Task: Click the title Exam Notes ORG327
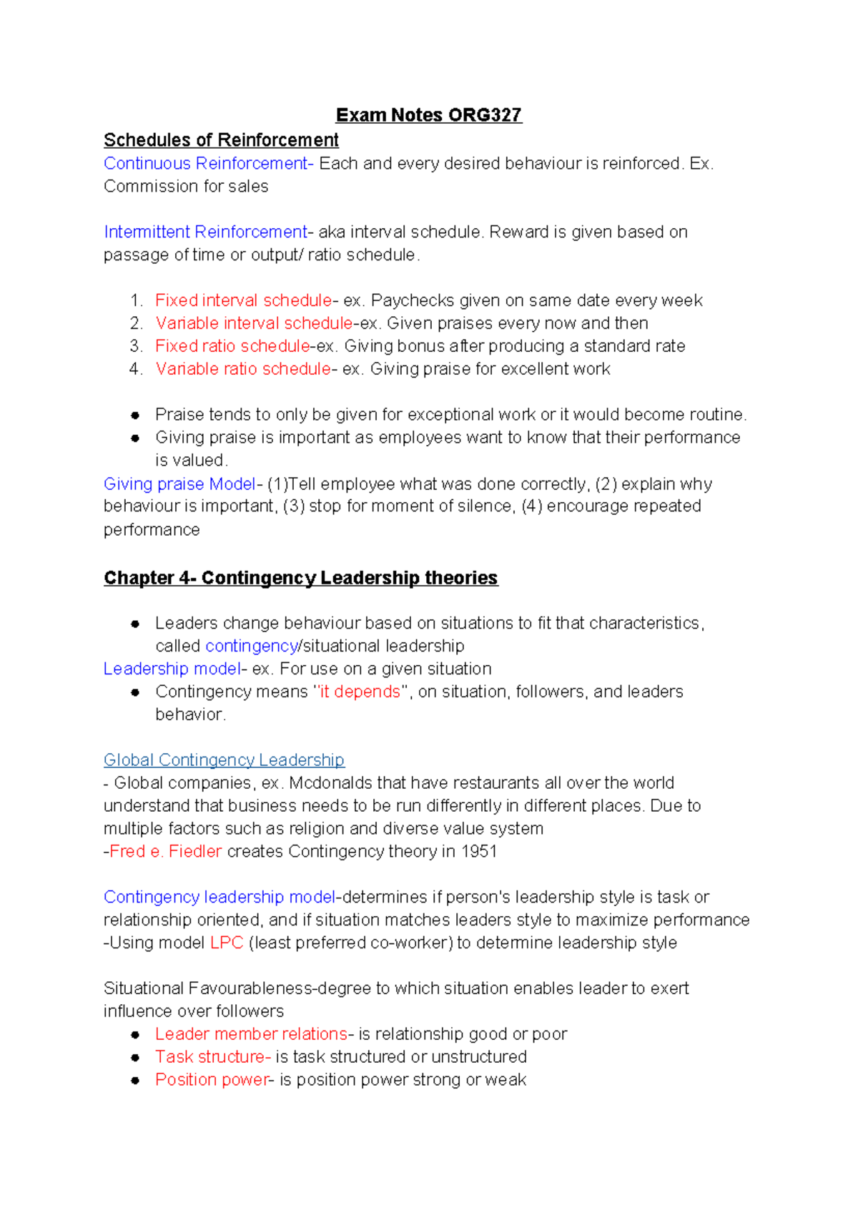click(x=428, y=115)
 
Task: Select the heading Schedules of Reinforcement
click(x=221, y=139)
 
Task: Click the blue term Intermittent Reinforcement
click(x=205, y=232)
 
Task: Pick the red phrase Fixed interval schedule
click(x=243, y=300)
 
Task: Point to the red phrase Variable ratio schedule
click(x=243, y=369)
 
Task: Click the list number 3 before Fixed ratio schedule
click(x=136, y=346)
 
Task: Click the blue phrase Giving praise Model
click(x=179, y=484)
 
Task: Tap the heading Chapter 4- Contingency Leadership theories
click(x=300, y=578)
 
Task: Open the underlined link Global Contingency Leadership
click(x=224, y=760)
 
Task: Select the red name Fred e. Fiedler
click(x=165, y=851)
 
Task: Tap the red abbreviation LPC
click(x=227, y=943)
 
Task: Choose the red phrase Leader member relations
click(x=251, y=1034)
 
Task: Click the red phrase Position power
click(x=212, y=1080)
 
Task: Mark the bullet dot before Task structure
click(x=135, y=1057)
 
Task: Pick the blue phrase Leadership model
click(x=172, y=669)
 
